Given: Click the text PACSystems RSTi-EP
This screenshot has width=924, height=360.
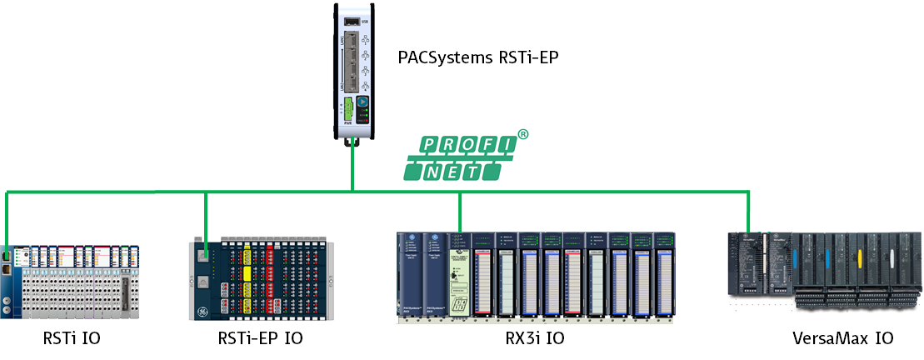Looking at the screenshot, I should pyautogui.click(x=477, y=58).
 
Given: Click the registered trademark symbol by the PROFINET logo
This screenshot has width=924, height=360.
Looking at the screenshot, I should pyautogui.click(x=523, y=134).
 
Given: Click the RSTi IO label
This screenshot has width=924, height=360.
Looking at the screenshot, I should pyautogui.click(x=77, y=338).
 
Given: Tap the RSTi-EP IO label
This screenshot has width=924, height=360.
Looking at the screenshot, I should pyautogui.click(x=259, y=338).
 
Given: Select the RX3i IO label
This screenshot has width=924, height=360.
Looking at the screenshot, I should pyautogui.click(x=523, y=338).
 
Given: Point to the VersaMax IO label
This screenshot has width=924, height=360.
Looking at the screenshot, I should pyautogui.click(x=842, y=338).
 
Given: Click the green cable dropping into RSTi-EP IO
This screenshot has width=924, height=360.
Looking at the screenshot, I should pyautogui.click(x=206, y=217).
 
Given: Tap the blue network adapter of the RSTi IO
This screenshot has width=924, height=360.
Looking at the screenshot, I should pyautogui.click(x=9, y=283).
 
